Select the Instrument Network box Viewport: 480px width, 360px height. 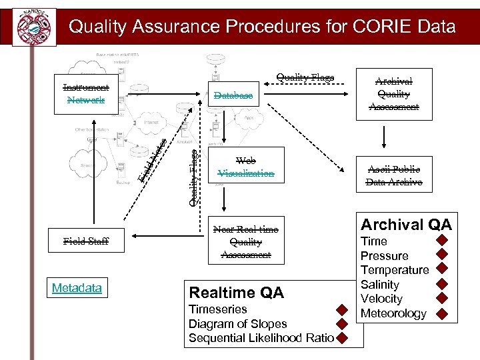[x=86, y=94]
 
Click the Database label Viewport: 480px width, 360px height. [x=233, y=96]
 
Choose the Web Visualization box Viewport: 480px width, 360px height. [x=245, y=167]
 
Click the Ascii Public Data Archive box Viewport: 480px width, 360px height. [x=393, y=175]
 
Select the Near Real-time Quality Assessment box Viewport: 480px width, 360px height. [x=245, y=242]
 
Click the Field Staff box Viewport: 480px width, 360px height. [x=86, y=241]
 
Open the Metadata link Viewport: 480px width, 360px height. [x=77, y=288]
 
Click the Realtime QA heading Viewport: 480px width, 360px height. [x=237, y=293]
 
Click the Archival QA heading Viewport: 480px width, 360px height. [x=406, y=224]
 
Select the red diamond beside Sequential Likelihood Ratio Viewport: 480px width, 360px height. [x=341, y=338]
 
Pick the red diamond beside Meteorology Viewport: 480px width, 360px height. [x=441, y=313]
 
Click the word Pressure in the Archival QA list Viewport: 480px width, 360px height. [x=384, y=256]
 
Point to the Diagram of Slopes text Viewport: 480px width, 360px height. [x=238, y=324]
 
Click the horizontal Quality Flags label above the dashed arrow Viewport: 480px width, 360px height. [x=305, y=77]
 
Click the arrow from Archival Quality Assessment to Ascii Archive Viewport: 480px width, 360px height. [x=383, y=137]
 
